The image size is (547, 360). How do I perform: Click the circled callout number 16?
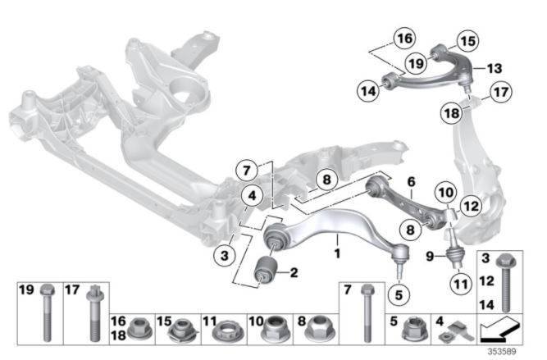tap(403, 38)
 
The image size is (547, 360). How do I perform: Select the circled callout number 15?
tap(467, 39)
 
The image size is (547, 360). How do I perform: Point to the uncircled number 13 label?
tap(494, 69)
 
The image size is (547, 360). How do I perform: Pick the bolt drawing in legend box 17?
tap(93, 315)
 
